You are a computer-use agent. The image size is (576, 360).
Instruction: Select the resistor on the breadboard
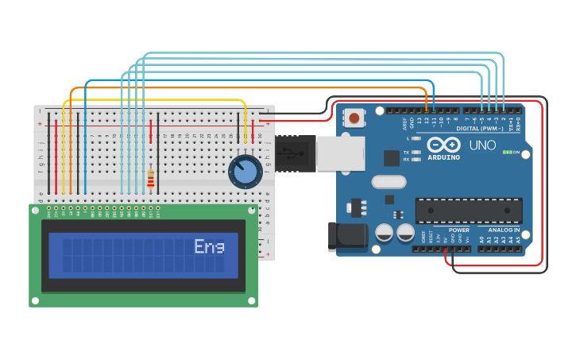tap(151, 178)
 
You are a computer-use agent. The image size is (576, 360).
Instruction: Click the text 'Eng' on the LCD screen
tap(209, 247)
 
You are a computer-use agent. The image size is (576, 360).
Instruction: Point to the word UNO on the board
tap(482, 145)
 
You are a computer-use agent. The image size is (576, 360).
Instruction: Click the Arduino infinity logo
tap(443, 145)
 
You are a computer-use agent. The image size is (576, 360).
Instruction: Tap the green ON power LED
tap(508, 152)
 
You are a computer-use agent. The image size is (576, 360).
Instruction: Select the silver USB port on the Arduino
tap(340, 153)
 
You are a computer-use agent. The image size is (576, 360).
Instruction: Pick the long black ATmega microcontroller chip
tap(469, 211)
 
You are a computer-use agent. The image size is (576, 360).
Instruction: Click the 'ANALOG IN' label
tap(504, 230)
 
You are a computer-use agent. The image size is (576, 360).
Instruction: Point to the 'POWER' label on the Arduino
tap(459, 230)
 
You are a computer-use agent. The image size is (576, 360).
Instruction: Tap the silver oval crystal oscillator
tap(389, 182)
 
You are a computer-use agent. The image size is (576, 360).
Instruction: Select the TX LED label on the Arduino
tap(407, 151)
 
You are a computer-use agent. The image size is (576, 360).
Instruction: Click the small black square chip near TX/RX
tap(392, 158)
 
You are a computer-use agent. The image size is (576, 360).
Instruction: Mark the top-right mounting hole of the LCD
tap(253, 209)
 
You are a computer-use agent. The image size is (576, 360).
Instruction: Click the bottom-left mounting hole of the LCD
tap(34, 301)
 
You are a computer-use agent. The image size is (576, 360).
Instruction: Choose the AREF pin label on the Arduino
tap(404, 122)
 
